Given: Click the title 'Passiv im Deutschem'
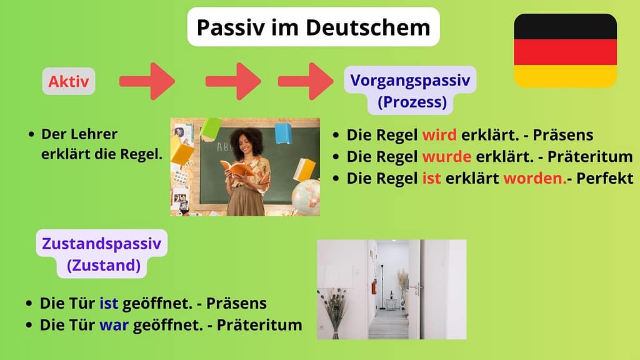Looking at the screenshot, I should (313, 27).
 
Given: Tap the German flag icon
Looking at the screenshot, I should (565, 51).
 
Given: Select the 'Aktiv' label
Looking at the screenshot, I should (69, 81).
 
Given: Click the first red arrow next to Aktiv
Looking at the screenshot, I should (147, 81).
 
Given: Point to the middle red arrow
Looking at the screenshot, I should (232, 81).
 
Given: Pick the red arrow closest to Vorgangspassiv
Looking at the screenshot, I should (306, 81).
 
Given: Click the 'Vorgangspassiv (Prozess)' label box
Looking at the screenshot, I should (410, 90).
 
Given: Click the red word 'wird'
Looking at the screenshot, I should (441, 135).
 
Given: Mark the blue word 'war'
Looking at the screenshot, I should (109, 325).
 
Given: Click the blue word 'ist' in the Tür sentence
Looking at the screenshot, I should (108, 304).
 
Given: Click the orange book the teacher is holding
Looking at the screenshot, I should (236, 167).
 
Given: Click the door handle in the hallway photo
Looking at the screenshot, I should (414, 289).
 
